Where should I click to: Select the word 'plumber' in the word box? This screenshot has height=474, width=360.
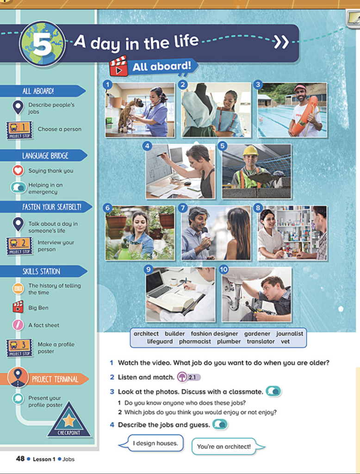pyautogui.click(x=229, y=342)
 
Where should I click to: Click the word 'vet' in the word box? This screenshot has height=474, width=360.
pyautogui.click(x=285, y=342)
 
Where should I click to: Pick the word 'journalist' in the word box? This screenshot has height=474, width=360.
pyautogui.click(x=290, y=333)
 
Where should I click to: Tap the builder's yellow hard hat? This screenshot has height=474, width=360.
pyautogui.click(x=251, y=151)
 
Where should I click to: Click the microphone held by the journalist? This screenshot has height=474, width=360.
pyautogui.click(x=205, y=237)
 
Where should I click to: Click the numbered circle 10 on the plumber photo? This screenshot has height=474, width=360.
pyautogui.click(x=223, y=269)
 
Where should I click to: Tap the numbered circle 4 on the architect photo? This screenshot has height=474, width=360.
pyautogui.click(x=147, y=146)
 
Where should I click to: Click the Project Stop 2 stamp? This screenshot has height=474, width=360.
pyautogui.click(x=19, y=246)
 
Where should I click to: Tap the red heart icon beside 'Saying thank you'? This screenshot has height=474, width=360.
pyautogui.click(x=18, y=170)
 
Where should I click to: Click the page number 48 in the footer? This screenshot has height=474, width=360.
pyautogui.click(x=20, y=459)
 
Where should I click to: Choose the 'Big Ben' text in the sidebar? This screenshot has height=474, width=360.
pyautogui.click(x=38, y=308)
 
